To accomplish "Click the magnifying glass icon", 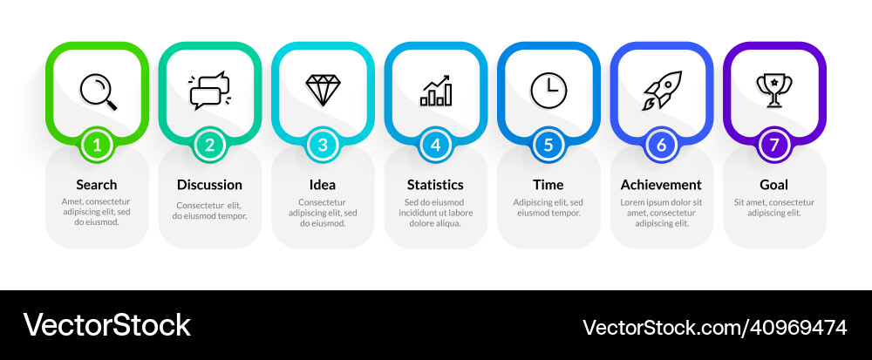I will coord(97,91).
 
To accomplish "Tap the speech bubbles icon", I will coord(209,91).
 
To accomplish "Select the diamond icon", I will coord(323,89).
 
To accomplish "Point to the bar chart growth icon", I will coord(435,91).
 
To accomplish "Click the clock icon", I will coord(548,91).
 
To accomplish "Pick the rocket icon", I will coord(661,91).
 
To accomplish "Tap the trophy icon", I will coord(774,90).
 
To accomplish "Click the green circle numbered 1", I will coord(97,146).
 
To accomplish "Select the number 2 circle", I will coord(209,146).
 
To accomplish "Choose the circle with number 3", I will coord(323,146).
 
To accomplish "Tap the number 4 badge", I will coord(435,146).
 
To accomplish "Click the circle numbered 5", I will coord(548,146).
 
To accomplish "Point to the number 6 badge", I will coord(661,146).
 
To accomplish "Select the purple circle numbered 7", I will coord(774,146).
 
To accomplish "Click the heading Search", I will coord(97,185).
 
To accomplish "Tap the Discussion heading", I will coord(209,185).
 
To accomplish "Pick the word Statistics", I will coord(435,185).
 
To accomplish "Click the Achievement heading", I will coord(661,185).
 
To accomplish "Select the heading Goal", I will coord(774,185).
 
